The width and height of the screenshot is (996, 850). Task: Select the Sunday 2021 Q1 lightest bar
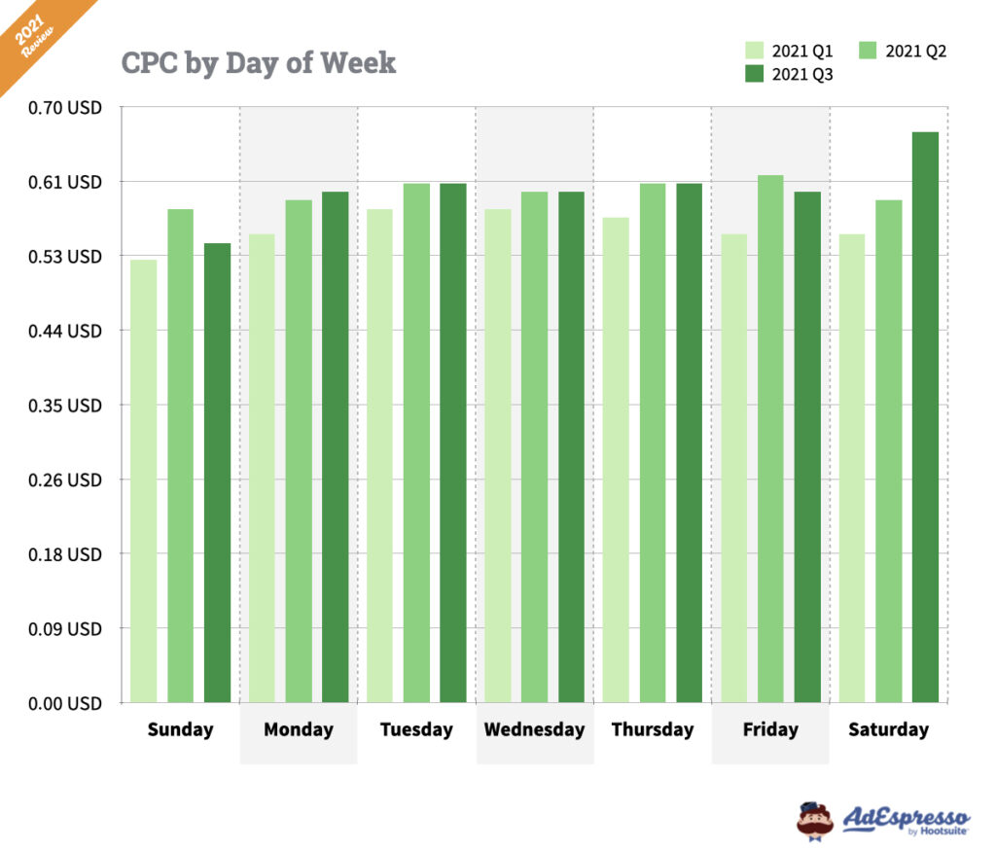coord(143,480)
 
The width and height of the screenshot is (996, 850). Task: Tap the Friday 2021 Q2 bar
coord(771,439)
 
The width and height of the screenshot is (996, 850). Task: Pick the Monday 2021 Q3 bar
coord(335,446)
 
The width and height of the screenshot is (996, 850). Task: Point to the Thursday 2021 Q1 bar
coord(616,459)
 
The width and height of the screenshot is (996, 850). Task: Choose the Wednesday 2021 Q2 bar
coord(534,446)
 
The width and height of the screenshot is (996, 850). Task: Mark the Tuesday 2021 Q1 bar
coord(379,455)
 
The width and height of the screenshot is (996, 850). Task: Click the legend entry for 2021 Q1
coord(789,51)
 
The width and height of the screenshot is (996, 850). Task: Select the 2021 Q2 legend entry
coord(904,51)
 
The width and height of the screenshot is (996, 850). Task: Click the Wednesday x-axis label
coord(534,730)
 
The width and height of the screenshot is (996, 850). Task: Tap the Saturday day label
coord(888,730)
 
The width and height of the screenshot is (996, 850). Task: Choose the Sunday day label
coord(180,730)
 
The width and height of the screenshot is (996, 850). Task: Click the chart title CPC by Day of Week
coord(259,63)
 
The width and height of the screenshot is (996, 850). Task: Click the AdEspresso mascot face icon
coord(815,820)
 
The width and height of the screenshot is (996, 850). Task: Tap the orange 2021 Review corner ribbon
coord(37,34)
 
